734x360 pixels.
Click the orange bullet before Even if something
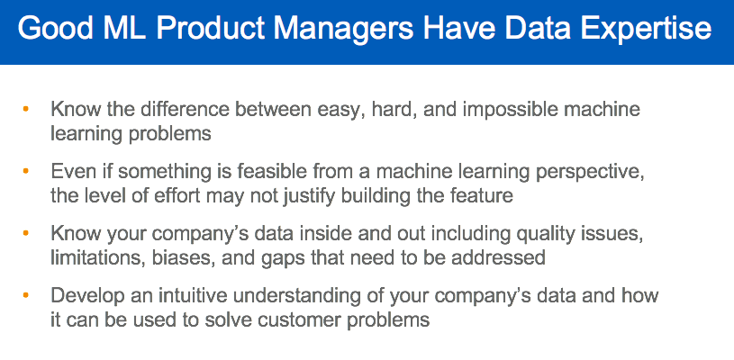25,169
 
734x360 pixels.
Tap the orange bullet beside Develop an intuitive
25,293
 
